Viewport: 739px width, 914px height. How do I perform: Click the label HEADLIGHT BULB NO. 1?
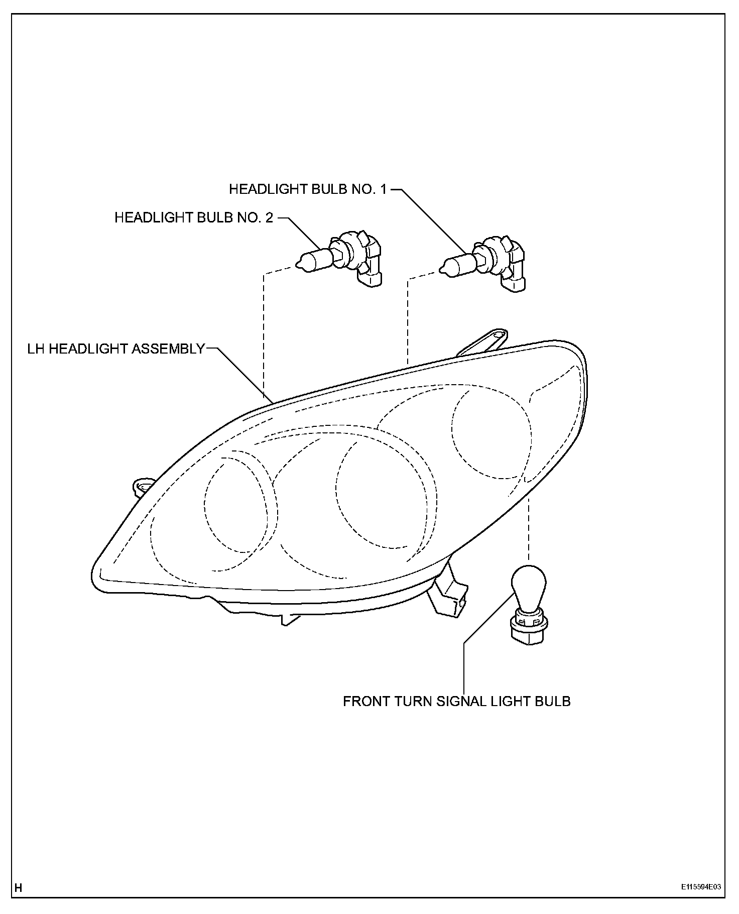point(308,189)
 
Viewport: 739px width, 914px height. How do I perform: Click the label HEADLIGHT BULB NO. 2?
point(194,217)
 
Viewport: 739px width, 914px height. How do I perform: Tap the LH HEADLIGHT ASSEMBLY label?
point(116,349)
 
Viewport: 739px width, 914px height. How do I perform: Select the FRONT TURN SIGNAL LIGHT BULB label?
point(456,701)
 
